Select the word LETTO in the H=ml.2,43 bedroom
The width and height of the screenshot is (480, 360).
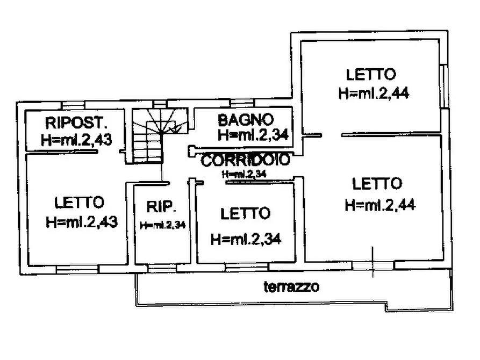pos(79,203)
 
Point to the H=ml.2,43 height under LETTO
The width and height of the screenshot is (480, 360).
pos(82,221)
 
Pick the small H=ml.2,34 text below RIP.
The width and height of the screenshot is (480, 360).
pos(162,225)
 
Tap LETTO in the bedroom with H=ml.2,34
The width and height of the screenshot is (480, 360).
pos(245,214)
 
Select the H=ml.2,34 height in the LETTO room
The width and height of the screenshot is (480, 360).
pos(246,237)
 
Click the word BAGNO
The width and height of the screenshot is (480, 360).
pos(246,119)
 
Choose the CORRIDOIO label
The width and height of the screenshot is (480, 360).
pos(246,160)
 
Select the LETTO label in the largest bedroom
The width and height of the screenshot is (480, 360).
pos(377,184)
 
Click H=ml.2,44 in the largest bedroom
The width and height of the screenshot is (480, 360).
pos(379,205)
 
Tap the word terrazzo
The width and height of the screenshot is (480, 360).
pos(291,286)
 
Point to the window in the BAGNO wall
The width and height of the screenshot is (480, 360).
pos(243,102)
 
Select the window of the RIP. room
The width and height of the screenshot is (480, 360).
pos(157,267)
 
